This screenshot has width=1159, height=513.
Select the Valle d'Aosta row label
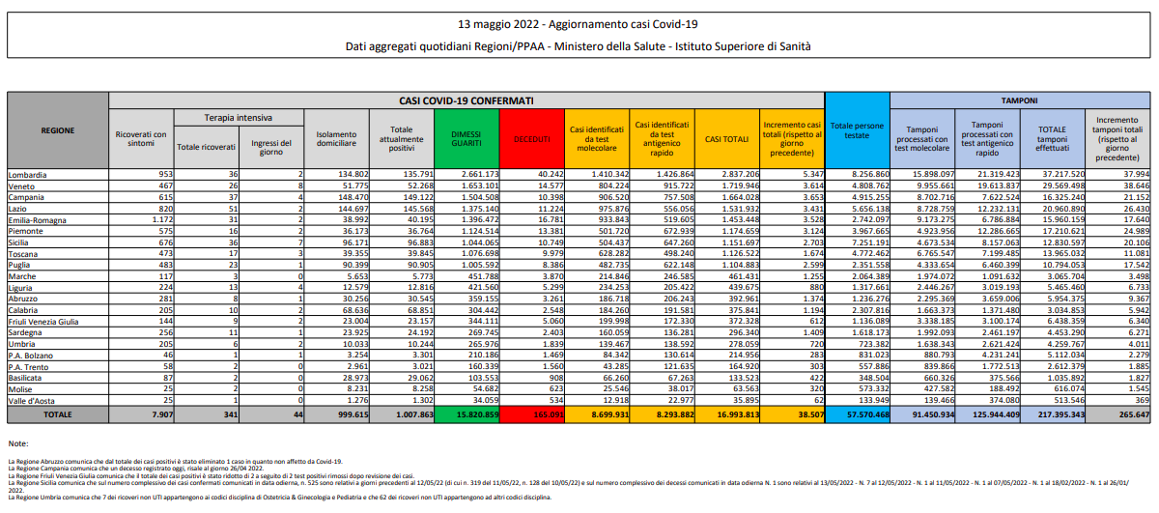point(30,399)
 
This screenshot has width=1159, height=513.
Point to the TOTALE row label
point(57,413)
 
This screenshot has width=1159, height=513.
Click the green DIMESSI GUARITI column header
point(466,139)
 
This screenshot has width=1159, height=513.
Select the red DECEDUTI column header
point(531,139)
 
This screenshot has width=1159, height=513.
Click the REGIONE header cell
point(57,129)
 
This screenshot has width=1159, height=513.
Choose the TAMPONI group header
point(1019,100)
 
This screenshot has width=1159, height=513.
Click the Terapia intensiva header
point(238,116)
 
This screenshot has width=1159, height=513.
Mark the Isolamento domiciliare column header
point(335,139)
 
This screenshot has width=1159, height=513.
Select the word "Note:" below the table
point(17,442)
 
